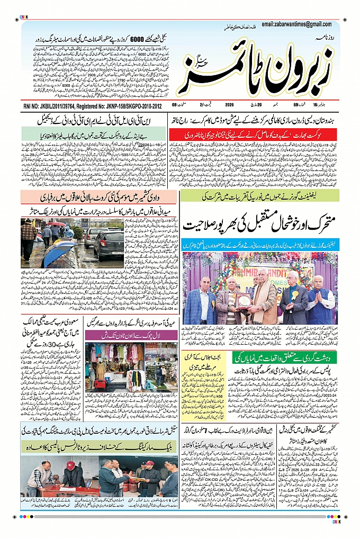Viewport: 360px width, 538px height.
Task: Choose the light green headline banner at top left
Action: pyautogui.click(x=95, y=136)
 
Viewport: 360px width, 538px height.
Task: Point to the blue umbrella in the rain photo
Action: pyautogui.click(x=58, y=253)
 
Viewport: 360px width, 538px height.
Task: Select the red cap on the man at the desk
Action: pyautogui.click(x=70, y=465)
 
